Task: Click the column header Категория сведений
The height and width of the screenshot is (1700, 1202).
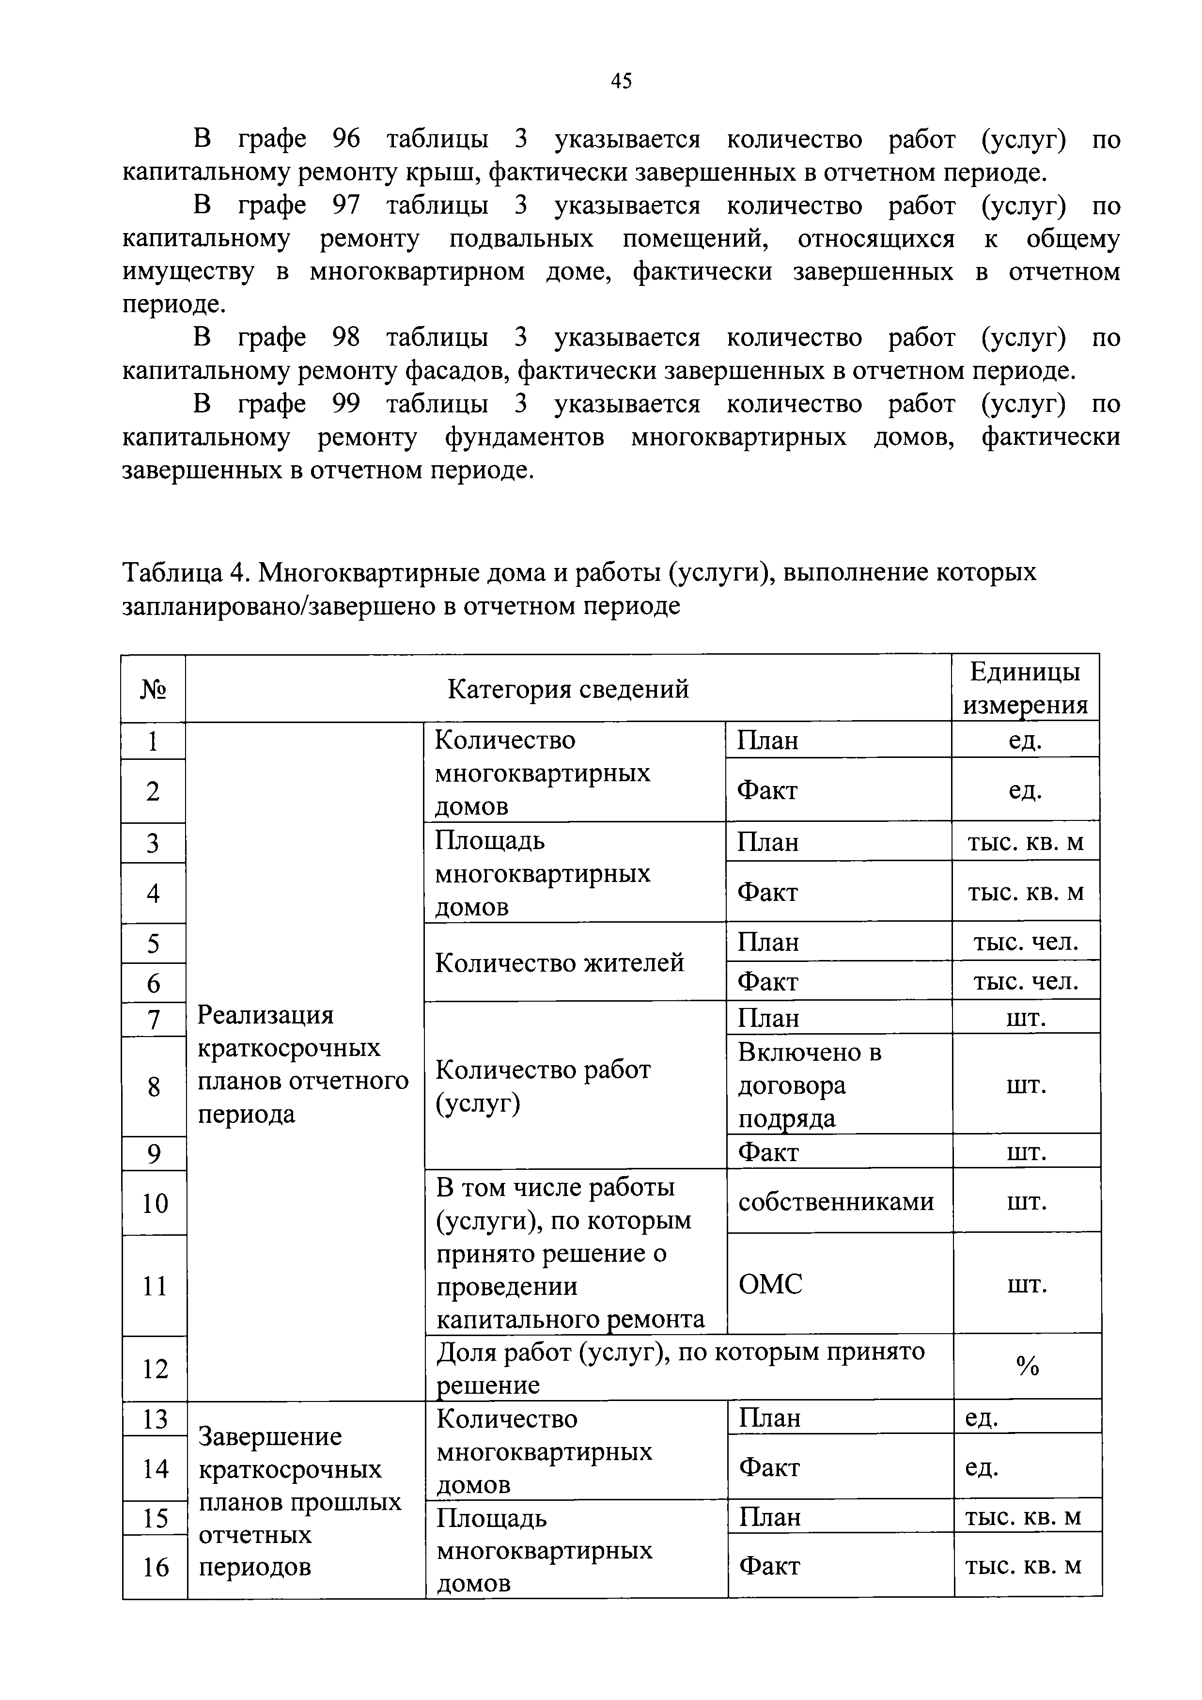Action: point(568,689)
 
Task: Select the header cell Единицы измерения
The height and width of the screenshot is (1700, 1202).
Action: point(1025,688)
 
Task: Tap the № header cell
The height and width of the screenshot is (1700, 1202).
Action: point(153,689)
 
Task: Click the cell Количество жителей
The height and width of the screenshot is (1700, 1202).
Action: point(560,962)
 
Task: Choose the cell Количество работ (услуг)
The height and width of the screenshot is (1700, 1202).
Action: point(543,1086)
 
